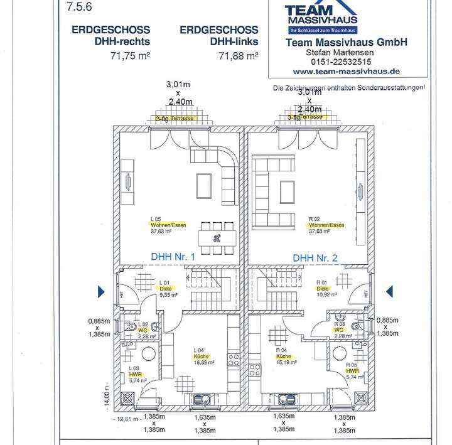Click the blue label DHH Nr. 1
(173, 257)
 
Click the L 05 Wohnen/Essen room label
(168, 225)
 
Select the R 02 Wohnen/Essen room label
(326, 225)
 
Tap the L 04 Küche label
(201, 355)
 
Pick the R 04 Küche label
(285, 356)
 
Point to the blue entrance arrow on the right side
(389, 290)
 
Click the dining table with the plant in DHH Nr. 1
(217, 237)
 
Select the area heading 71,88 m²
(239, 55)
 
